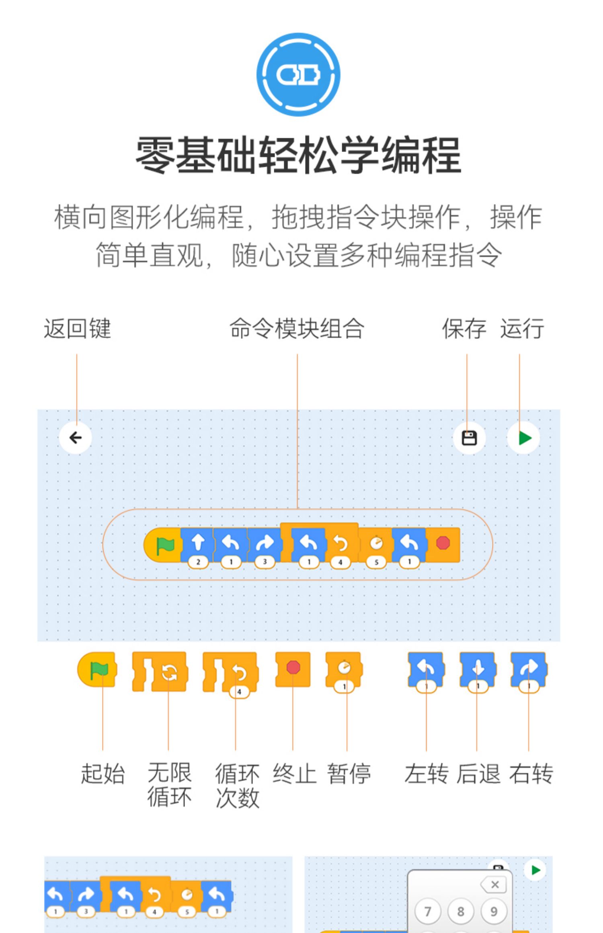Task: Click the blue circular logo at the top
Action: click(x=298, y=75)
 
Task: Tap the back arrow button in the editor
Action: click(x=76, y=438)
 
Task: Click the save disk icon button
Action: click(x=469, y=438)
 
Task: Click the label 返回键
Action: click(x=77, y=329)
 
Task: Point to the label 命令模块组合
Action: click(x=297, y=329)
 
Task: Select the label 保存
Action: click(x=464, y=329)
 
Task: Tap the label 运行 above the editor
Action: click(x=522, y=329)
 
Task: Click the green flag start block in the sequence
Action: click(x=163, y=545)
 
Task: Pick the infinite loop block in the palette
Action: click(x=160, y=672)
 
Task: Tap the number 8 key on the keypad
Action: click(x=461, y=911)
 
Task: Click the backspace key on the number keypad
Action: click(x=493, y=885)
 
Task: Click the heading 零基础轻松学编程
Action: click(x=298, y=155)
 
